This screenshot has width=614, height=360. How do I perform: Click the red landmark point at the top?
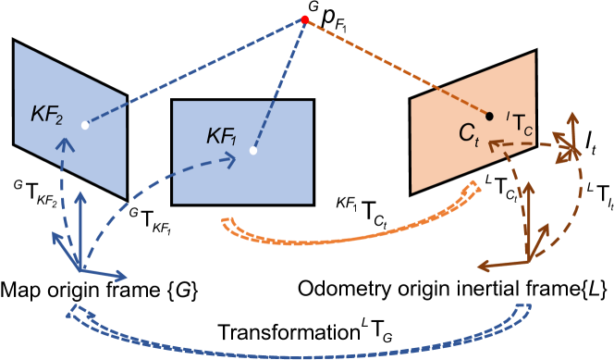(x=304, y=19)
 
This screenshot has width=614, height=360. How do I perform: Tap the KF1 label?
(x=222, y=138)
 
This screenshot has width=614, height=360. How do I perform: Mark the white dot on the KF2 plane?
(x=84, y=125)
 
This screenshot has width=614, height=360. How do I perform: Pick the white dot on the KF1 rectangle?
(x=252, y=150)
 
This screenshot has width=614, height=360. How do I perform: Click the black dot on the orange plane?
(x=490, y=117)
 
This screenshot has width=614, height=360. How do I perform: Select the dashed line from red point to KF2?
(x=194, y=72)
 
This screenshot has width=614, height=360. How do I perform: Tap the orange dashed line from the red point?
(x=398, y=68)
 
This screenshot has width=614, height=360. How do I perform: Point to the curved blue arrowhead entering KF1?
(x=231, y=159)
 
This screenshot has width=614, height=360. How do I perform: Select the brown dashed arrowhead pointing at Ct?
(x=494, y=143)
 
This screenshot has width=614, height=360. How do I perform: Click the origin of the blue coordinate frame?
(x=80, y=268)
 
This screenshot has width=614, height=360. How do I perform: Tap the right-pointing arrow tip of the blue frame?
(x=123, y=276)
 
